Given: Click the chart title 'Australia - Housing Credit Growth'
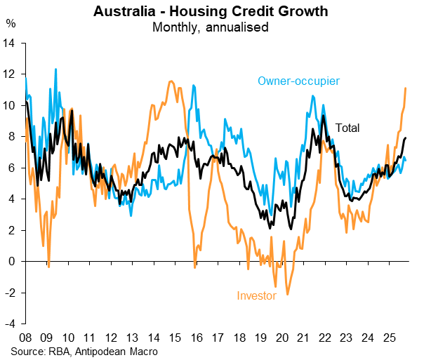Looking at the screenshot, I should click(211, 12).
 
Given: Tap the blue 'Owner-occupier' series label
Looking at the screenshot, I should click(298, 81).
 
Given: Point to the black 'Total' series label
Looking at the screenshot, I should click(347, 128).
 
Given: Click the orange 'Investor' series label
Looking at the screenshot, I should click(256, 295).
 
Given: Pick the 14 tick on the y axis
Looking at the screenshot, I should click(11, 43).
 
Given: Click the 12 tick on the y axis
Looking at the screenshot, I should click(11, 74).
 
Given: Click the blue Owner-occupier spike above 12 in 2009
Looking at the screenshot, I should click(56, 69).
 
